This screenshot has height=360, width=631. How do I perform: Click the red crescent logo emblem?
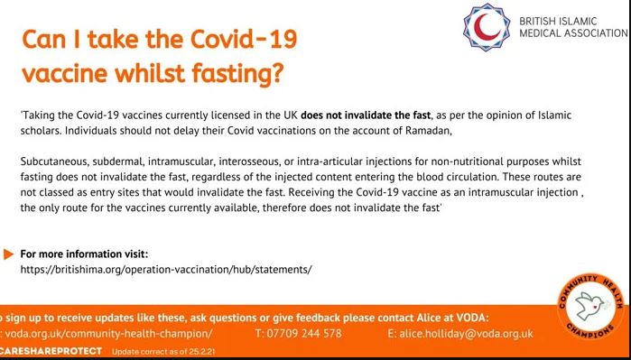(487, 27)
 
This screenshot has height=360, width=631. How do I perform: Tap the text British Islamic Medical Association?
(573, 27)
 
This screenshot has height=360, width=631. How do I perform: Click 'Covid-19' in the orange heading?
(244, 39)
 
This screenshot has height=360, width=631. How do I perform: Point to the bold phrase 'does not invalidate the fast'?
(366, 115)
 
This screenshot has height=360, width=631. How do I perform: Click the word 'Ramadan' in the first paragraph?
(431, 132)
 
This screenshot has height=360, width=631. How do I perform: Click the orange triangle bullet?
(8, 254)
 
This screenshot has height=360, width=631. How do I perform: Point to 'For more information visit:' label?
(84, 254)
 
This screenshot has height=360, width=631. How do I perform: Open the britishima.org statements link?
(166, 270)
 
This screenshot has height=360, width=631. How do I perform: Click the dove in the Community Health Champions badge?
(589, 305)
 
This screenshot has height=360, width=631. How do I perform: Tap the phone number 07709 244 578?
(298, 334)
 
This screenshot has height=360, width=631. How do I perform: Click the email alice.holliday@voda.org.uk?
(460, 334)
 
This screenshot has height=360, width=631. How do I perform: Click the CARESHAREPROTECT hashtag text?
(51, 351)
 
